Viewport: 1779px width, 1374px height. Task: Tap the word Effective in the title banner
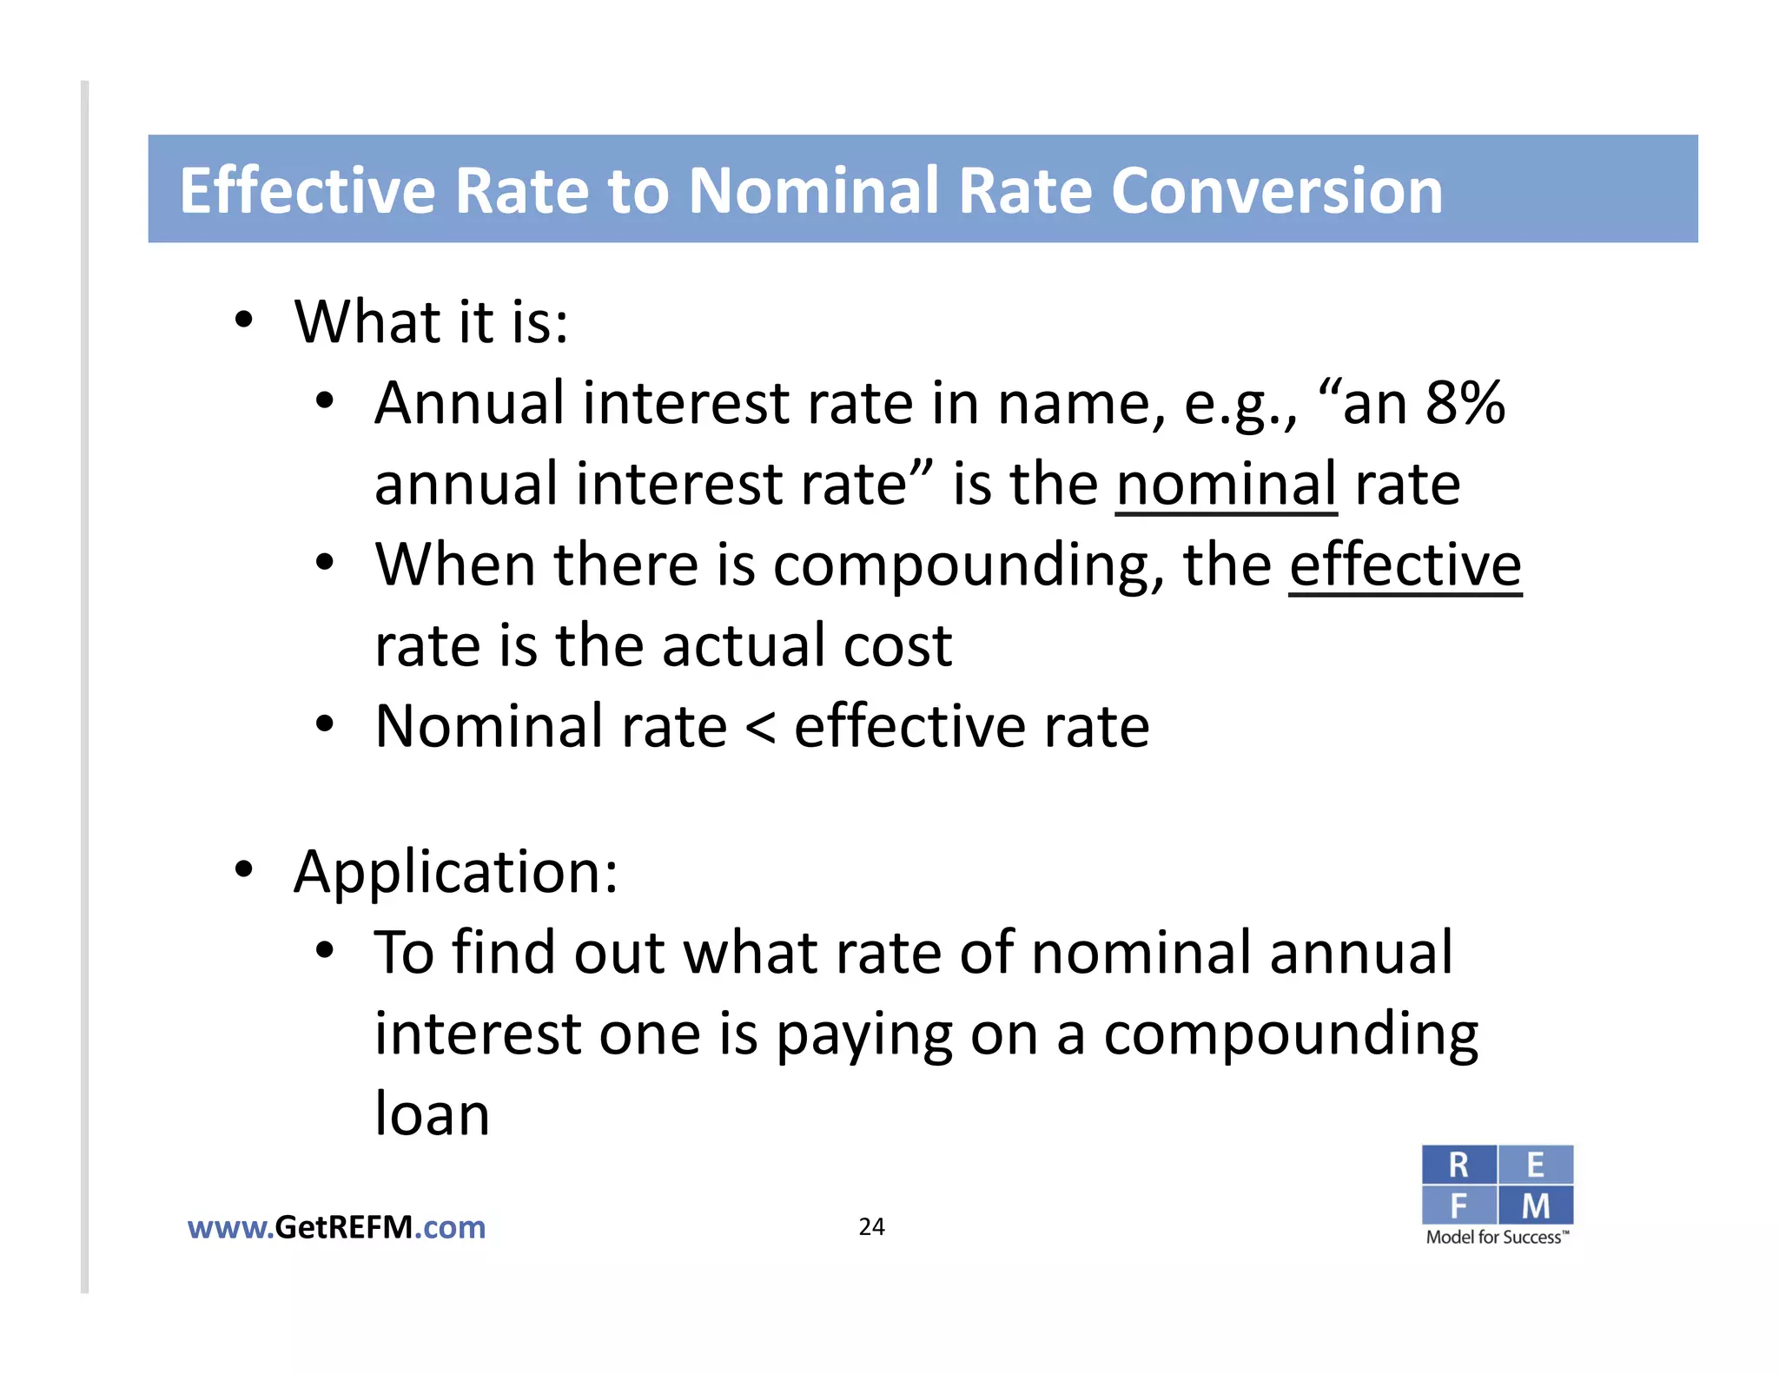(x=307, y=191)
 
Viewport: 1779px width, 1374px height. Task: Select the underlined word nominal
(x=1226, y=484)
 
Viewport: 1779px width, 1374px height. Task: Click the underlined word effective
(x=1405, y=565)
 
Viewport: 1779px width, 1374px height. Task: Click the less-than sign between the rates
(x=760, y=728)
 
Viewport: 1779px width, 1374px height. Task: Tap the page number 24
(x=871, y=1226)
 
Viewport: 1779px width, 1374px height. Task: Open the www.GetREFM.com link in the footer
(x=336, y=1227)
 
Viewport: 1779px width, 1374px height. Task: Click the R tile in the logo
(x=1458, y=1165)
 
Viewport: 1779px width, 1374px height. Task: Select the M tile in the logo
(x=1535, y=1206)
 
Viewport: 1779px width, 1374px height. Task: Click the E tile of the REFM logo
(x=1535, y=1165)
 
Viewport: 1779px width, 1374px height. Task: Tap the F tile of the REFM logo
(x=1458, y=1206)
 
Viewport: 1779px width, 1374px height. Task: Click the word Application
(x=455, y=871)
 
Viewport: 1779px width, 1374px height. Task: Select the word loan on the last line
(x=432, y=1114)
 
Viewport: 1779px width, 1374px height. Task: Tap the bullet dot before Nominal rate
(x=325, y=723)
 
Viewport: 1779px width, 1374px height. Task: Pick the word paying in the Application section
(x=863, y=1035)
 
